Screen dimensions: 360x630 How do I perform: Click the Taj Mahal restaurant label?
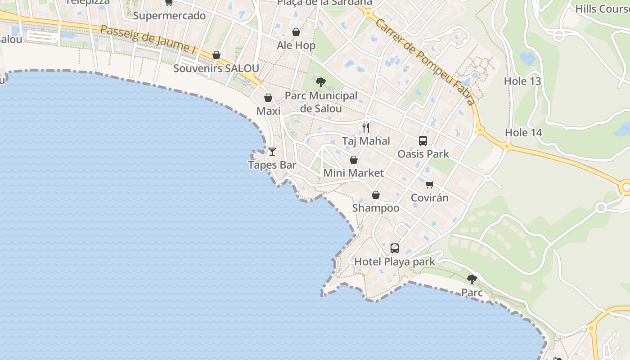[366, 141]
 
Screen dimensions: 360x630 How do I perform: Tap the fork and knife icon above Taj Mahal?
[366, 128]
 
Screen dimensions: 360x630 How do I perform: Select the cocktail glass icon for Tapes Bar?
[272, 152]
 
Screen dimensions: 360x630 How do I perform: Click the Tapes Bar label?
[272, 165]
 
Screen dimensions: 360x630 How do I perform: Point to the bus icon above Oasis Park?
[423, 141]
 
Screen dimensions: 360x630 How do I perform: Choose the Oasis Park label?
[423, 154]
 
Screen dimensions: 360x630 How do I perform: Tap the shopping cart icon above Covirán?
[430, 184]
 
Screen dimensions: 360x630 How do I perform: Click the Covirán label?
[430, 198]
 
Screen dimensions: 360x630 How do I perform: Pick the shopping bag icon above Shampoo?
[376, 195]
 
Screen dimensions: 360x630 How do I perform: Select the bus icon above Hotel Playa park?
[395, 248]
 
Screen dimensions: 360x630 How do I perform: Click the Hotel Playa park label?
[395, 261]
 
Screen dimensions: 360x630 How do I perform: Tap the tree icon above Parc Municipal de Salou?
[321, 82]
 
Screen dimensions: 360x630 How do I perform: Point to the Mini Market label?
[354, 173]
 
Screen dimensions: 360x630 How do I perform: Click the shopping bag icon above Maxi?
[268, 98]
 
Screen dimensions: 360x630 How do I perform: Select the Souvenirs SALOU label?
[216, 68]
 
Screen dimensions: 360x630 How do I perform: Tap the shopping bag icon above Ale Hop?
[296, 32]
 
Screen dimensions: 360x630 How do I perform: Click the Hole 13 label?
[522, 81]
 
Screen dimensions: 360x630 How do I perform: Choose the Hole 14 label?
[523, 133]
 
